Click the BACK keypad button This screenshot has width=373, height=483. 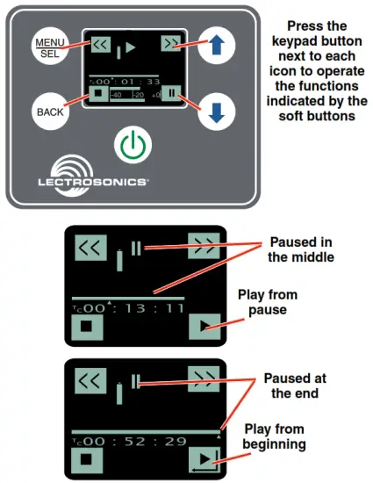(50, 112)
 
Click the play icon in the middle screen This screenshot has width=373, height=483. (204, 329)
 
